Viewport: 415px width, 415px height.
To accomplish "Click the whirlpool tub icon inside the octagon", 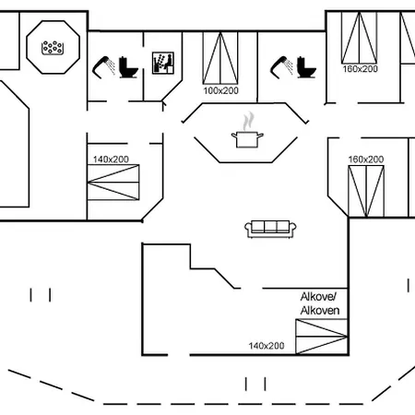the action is (x=53, y=48).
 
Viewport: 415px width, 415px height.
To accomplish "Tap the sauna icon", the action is (x=163, y=63).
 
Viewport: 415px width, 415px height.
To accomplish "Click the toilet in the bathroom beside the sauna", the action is (x=128, y=67).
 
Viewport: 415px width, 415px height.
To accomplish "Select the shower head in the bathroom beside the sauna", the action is (x=103, y=67).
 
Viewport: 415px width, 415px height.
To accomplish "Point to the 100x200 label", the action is (x=220, y=90).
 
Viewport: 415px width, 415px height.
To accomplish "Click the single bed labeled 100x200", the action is (x=220, y=58).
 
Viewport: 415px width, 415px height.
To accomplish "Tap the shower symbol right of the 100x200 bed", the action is (x=281, y=67).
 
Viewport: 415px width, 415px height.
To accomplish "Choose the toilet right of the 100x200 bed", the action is (x=306, y=67).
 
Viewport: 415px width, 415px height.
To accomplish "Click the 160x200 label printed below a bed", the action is (x=360, y=69).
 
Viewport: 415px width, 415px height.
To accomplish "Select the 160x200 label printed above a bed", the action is (x=366, y=160).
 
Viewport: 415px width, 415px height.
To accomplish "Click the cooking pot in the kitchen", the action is (x=247, y=139).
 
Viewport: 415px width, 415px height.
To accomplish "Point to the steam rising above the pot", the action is (x=248, y=121).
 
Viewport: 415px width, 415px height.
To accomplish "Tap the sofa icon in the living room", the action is (x=270, y=229).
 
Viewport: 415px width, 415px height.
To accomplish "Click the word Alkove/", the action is (x=318, y=297).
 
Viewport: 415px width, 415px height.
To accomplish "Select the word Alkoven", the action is (x=320, y=311).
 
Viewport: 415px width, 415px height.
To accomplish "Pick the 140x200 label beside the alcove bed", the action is (x=267, y=346).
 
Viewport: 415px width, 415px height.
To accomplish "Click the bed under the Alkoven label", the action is (x=322, y=337).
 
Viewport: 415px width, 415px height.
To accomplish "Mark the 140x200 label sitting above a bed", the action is (x=111, y=160).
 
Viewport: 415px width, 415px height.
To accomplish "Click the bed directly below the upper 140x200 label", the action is (x=113, y=183).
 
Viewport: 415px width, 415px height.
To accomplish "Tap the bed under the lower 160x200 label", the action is (x=366, y=191).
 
